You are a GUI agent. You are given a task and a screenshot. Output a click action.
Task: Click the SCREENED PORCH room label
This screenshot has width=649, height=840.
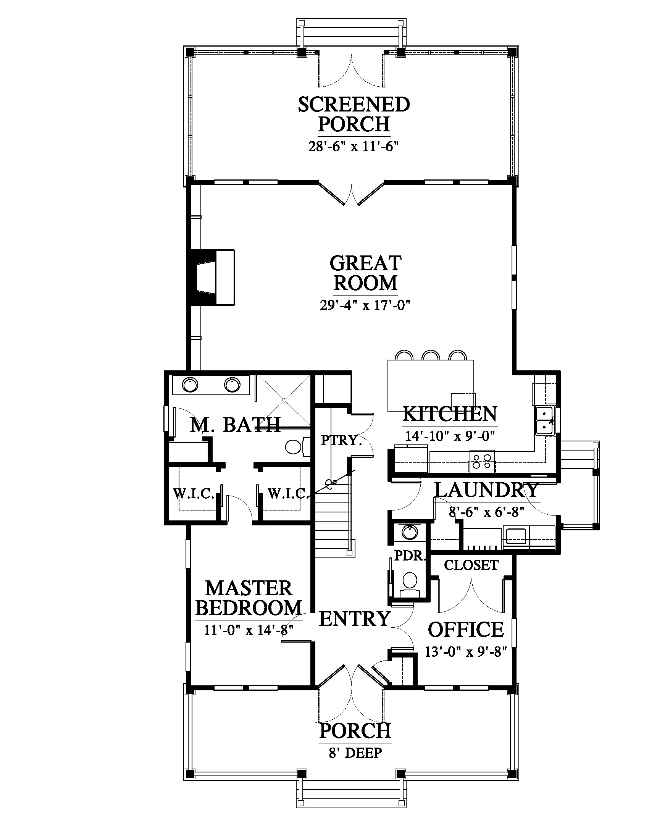coord(354,114)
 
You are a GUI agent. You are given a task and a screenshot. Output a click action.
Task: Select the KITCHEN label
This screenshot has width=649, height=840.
coord(450,414)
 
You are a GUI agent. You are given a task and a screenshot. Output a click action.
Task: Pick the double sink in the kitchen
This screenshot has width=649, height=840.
coord(544,422)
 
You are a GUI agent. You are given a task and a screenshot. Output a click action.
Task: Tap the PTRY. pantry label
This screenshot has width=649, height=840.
coord(341,440)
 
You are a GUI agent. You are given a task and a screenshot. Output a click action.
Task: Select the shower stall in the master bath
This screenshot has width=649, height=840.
coord(284,401)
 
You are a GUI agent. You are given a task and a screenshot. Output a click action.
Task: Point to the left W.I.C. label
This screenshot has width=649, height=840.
coord(194,493)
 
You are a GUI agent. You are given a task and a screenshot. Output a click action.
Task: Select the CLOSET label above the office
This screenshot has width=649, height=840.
coord(471,565)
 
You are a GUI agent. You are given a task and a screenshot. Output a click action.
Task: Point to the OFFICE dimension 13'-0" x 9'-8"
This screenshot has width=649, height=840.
coord(466,651)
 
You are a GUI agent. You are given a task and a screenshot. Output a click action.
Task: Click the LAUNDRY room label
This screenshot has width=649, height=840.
coord(486,490)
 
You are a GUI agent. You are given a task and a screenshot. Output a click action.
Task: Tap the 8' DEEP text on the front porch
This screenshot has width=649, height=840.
coord(355,753)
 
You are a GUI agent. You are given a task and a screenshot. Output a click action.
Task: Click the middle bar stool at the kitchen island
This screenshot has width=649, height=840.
coord(430,355)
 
